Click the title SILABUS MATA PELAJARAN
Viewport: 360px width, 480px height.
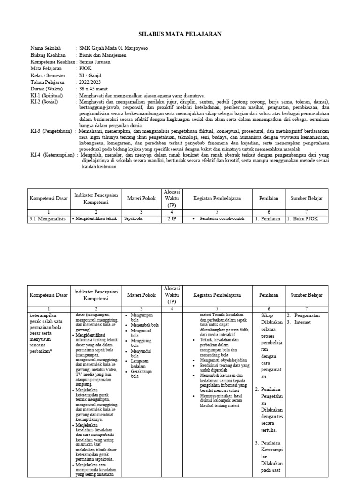pos(180,34)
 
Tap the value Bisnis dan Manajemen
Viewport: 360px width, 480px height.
pos(103,55)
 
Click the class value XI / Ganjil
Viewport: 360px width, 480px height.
pos(90,75)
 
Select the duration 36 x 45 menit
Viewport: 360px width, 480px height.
pos(93,89)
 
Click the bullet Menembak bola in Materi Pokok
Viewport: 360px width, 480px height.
pos(145,324)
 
